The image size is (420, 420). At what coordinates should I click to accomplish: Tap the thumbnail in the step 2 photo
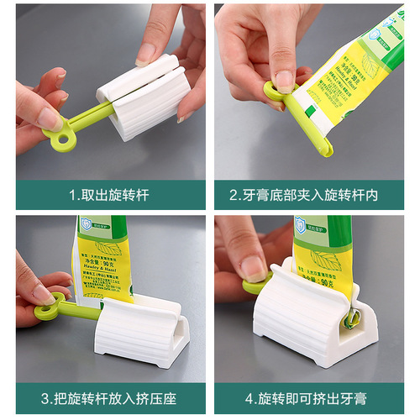point(284,81)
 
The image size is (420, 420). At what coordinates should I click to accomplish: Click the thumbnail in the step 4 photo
point(253,267)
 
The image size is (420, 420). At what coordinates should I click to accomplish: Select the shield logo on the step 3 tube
point(86,224)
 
